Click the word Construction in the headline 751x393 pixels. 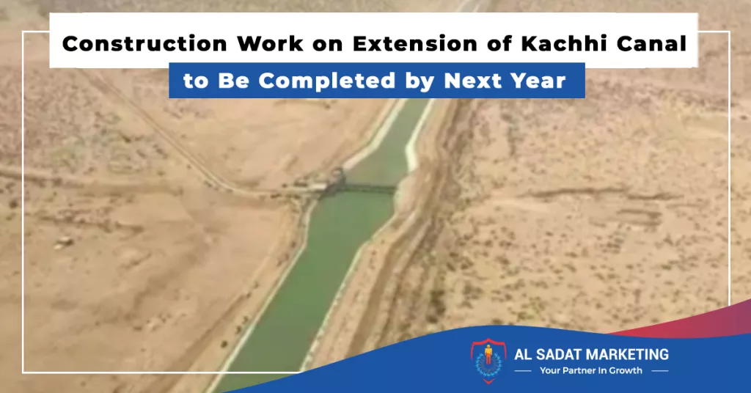tap(144, 43)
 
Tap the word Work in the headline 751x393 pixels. tap(270, 43)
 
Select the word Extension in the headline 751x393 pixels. tap(415, 43)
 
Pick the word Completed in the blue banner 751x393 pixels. tap(327, 81)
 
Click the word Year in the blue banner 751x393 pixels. tap(538, 81)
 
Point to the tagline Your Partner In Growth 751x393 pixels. tap(590, 370)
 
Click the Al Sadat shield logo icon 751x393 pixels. tap(488, 361)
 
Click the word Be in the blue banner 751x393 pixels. tap(234, 81)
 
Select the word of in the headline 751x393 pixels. tap(499, 43)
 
